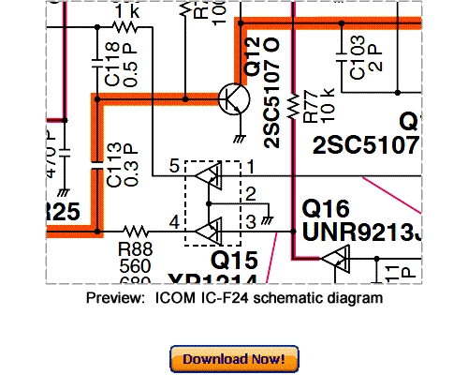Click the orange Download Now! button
234,358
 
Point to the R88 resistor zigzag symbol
138,231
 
